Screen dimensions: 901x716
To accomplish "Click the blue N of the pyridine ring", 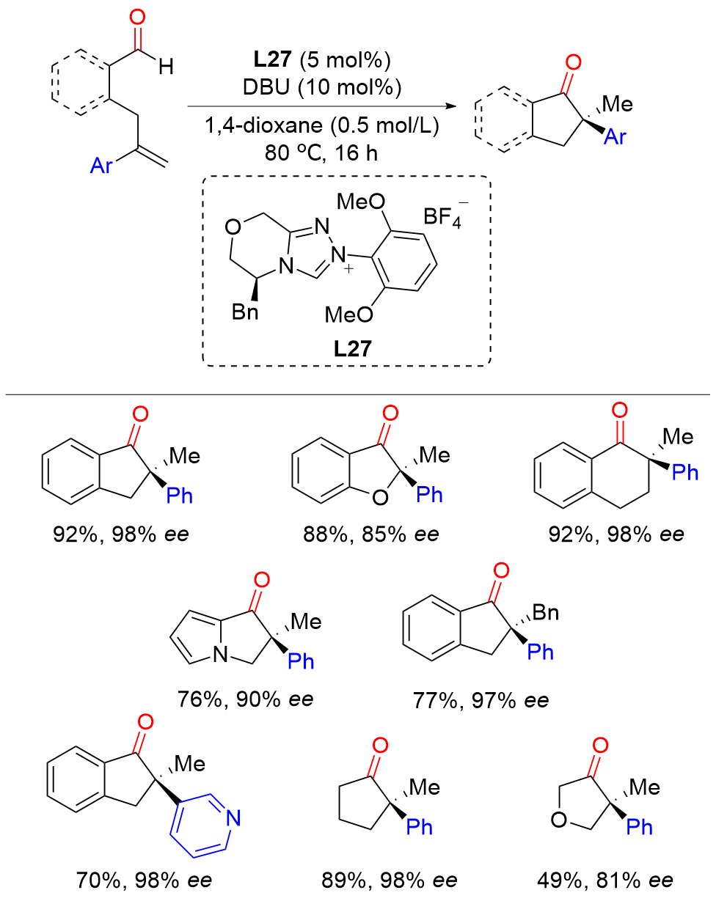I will point(233,816).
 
